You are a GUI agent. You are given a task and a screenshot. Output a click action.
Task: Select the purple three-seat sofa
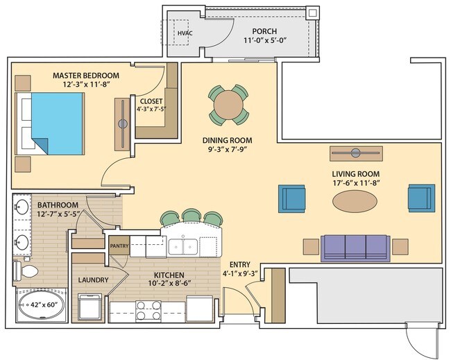(354, 246)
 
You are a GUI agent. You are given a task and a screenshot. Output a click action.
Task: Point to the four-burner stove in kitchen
(148, 309)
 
